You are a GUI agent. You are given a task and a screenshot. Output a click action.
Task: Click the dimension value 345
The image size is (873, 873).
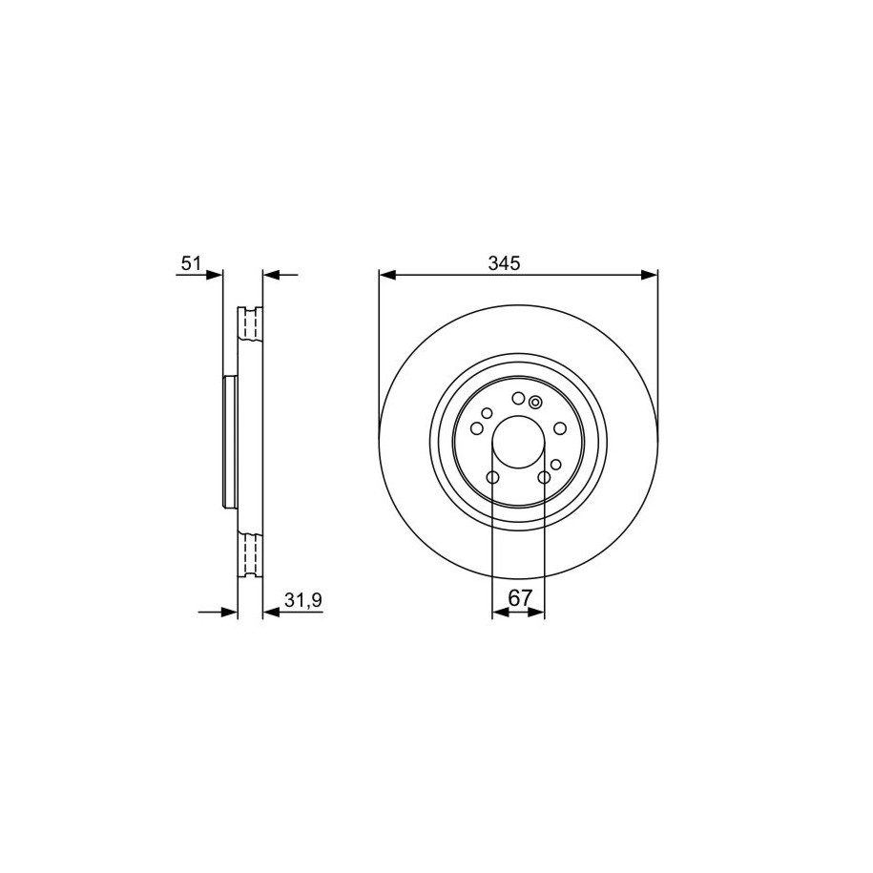click(x=504, y=262)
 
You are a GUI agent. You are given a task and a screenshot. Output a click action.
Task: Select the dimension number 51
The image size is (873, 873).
click(x=191, y=262)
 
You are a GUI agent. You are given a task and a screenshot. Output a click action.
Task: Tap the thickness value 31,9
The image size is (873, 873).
click(x=303, y=599)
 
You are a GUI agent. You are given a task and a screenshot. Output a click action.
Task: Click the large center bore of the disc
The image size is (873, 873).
click(x=518, y=442)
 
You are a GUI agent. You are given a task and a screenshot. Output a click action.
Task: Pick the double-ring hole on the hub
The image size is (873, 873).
click(x=535, y=402)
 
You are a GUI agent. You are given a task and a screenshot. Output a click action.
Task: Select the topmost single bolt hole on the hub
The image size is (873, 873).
click(x=518, y=398)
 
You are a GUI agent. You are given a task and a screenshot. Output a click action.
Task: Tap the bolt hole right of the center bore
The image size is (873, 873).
click(x=560, y=428)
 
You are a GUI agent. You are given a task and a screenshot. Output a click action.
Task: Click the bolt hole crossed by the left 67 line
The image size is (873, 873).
click(x=492, y=477)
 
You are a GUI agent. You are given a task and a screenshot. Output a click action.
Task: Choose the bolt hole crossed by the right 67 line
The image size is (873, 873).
click(x=544, y=477)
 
